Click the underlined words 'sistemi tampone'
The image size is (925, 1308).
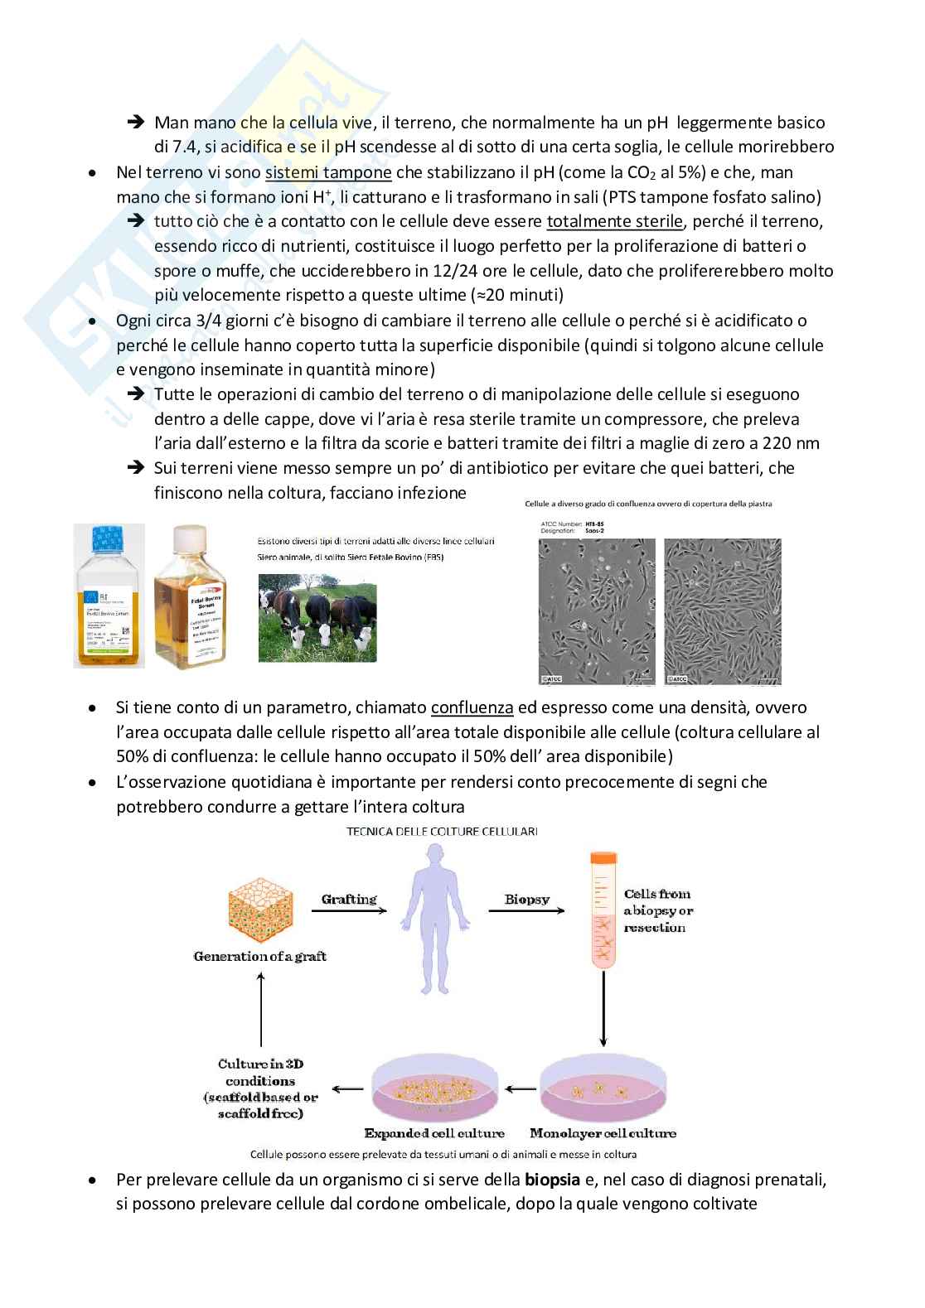coord(328,172)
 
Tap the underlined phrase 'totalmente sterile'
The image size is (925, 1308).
coord(614,221)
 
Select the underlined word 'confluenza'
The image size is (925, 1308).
coord(472,707)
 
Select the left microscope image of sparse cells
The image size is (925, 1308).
coord(597,611)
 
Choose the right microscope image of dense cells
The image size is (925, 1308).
coord(722,611)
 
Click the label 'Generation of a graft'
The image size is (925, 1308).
coord(259,956)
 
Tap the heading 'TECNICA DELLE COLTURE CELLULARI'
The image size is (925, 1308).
coord(442,831)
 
